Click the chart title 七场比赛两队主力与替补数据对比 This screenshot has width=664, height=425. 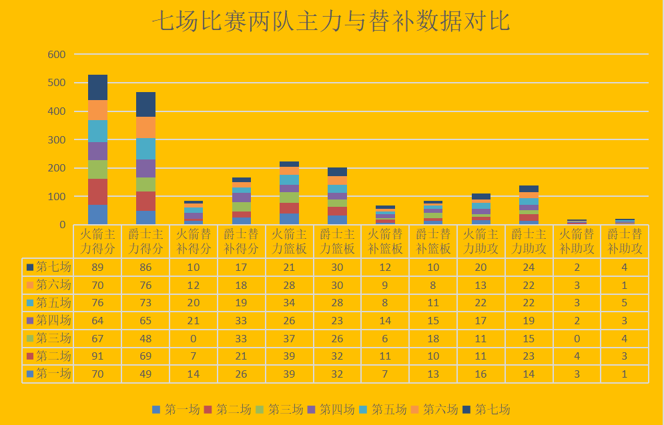[x=331, y=22]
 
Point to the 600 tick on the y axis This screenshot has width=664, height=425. [x=56, y=54]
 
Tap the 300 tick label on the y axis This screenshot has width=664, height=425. [x=56, y=139]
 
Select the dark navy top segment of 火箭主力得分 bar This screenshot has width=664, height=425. [x=97, y=87]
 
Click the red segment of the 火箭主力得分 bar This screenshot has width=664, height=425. [x=97, y=191]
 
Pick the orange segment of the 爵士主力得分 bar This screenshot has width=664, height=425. [x=145, y=127]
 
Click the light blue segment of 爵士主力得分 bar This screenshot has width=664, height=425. [x=145, y=149]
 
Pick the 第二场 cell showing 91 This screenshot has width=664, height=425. [x=97, y=356]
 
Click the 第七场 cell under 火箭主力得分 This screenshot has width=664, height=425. [x=97, y=267]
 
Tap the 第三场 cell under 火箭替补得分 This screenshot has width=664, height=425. [x=194, y=338]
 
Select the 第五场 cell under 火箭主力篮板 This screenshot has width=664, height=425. [x=289, y=303]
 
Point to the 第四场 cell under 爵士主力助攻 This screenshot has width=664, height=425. [x=529, y=320]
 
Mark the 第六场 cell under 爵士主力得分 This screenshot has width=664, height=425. [x=145, y=285]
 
